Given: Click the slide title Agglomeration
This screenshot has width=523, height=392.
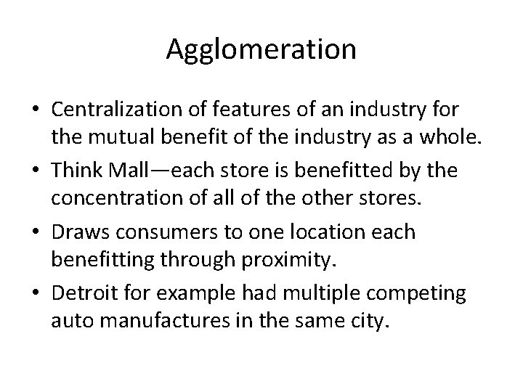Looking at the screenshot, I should point(261,49).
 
